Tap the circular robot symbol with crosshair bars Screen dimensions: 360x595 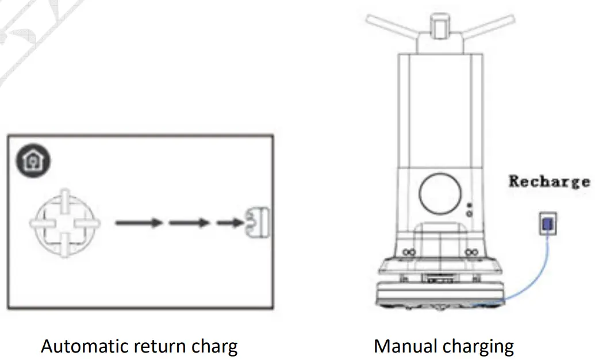click(x=64, y=222)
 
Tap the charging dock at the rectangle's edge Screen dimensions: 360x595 click(x=258, y=222)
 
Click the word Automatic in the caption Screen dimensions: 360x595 click(x=85, y=346)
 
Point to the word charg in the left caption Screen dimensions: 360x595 click(x=216, y=346)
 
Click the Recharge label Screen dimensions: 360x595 click(x=549, y=182)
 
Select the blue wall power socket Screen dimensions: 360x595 click(x=547, y=223)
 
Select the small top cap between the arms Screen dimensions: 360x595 click(x=441, y=24)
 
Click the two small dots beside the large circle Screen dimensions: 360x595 click(x=470, y=209)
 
